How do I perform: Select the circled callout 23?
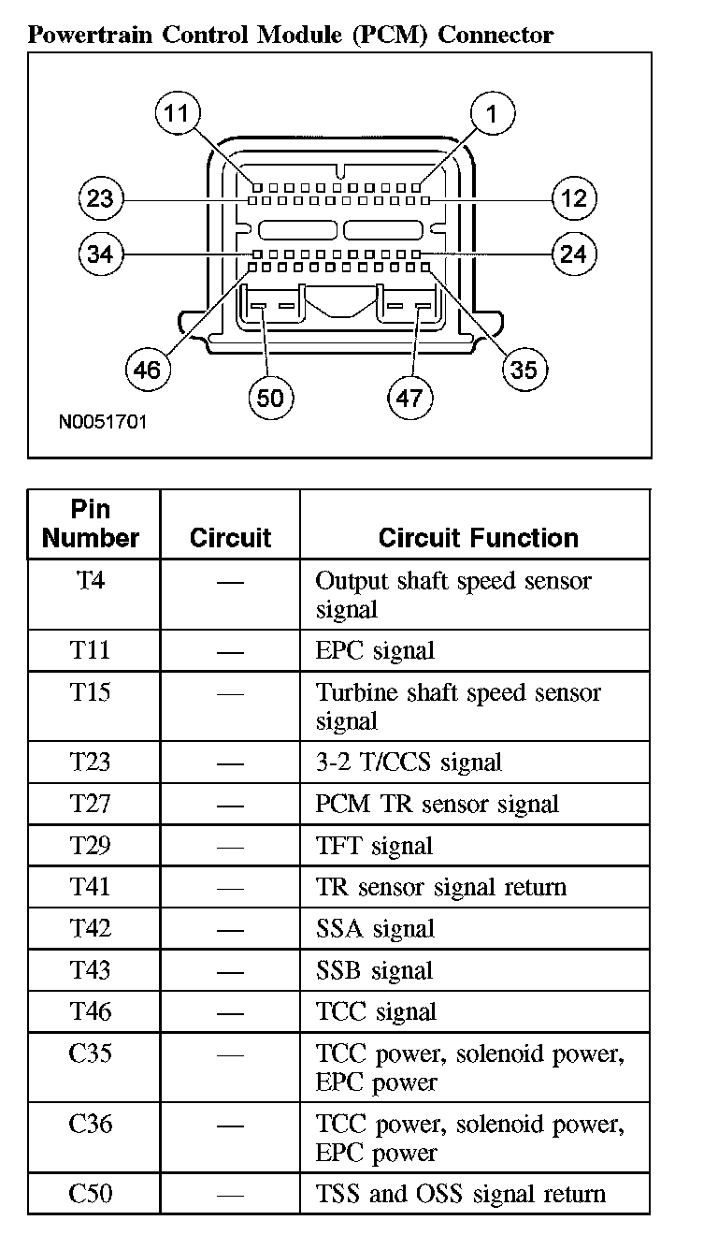coord(99,198)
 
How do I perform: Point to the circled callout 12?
coord(573,198)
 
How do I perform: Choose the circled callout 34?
coord(99,254)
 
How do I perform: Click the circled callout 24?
coord(573,254)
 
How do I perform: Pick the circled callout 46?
coord(147,370)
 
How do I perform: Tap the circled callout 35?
coord(524,370)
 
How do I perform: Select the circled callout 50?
coord(270,399)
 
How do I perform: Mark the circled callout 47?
coord(409,399)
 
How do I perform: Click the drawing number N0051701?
coord(103,422)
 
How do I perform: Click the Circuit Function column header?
coord(478,538)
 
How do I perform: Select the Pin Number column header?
coord(91,524)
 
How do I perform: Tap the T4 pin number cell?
coord(91,581)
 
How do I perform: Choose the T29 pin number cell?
coord(91,846)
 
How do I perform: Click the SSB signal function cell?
coord(374,970)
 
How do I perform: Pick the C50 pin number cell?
coord(91,1193)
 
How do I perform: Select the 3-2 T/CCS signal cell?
coord(409,763)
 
